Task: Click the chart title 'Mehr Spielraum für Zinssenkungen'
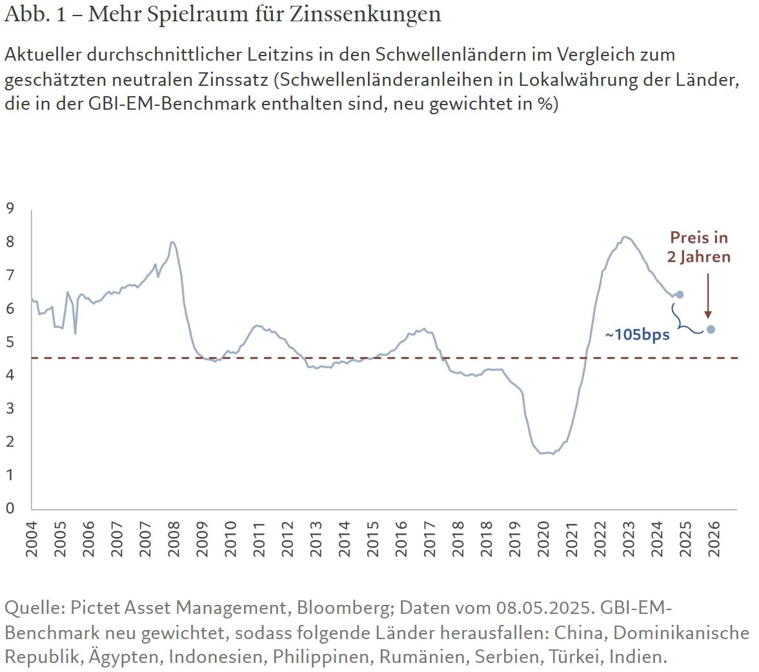(264, 14)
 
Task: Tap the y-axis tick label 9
(10, 209)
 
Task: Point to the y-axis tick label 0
(10, 509)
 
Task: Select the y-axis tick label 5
(10, 342)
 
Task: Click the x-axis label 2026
(714, 540)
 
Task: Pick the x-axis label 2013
(316, 540)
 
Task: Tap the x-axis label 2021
(572, 540)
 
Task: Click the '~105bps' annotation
(637, 335)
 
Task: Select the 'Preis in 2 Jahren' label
(699, 247)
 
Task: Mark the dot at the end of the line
(679, 294)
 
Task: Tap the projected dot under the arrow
(711, 329)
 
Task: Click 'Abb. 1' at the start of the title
(32, 14)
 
